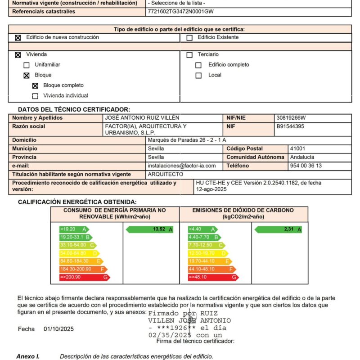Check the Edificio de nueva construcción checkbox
pos(18,38)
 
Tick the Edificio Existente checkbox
pos(189,38)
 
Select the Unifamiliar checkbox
pos(27,65)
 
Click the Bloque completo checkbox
pos(35,85)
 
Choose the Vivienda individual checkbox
pos(35,96)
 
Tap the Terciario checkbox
pos(189,55)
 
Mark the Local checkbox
pos(198,76)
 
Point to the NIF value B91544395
pos(291,126)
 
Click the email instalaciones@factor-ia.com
pos(182,166)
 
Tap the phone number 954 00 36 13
pos(306,166)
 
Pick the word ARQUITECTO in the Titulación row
pos(166,174)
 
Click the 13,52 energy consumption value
pos(159,229)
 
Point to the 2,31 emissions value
pos(288,229)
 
